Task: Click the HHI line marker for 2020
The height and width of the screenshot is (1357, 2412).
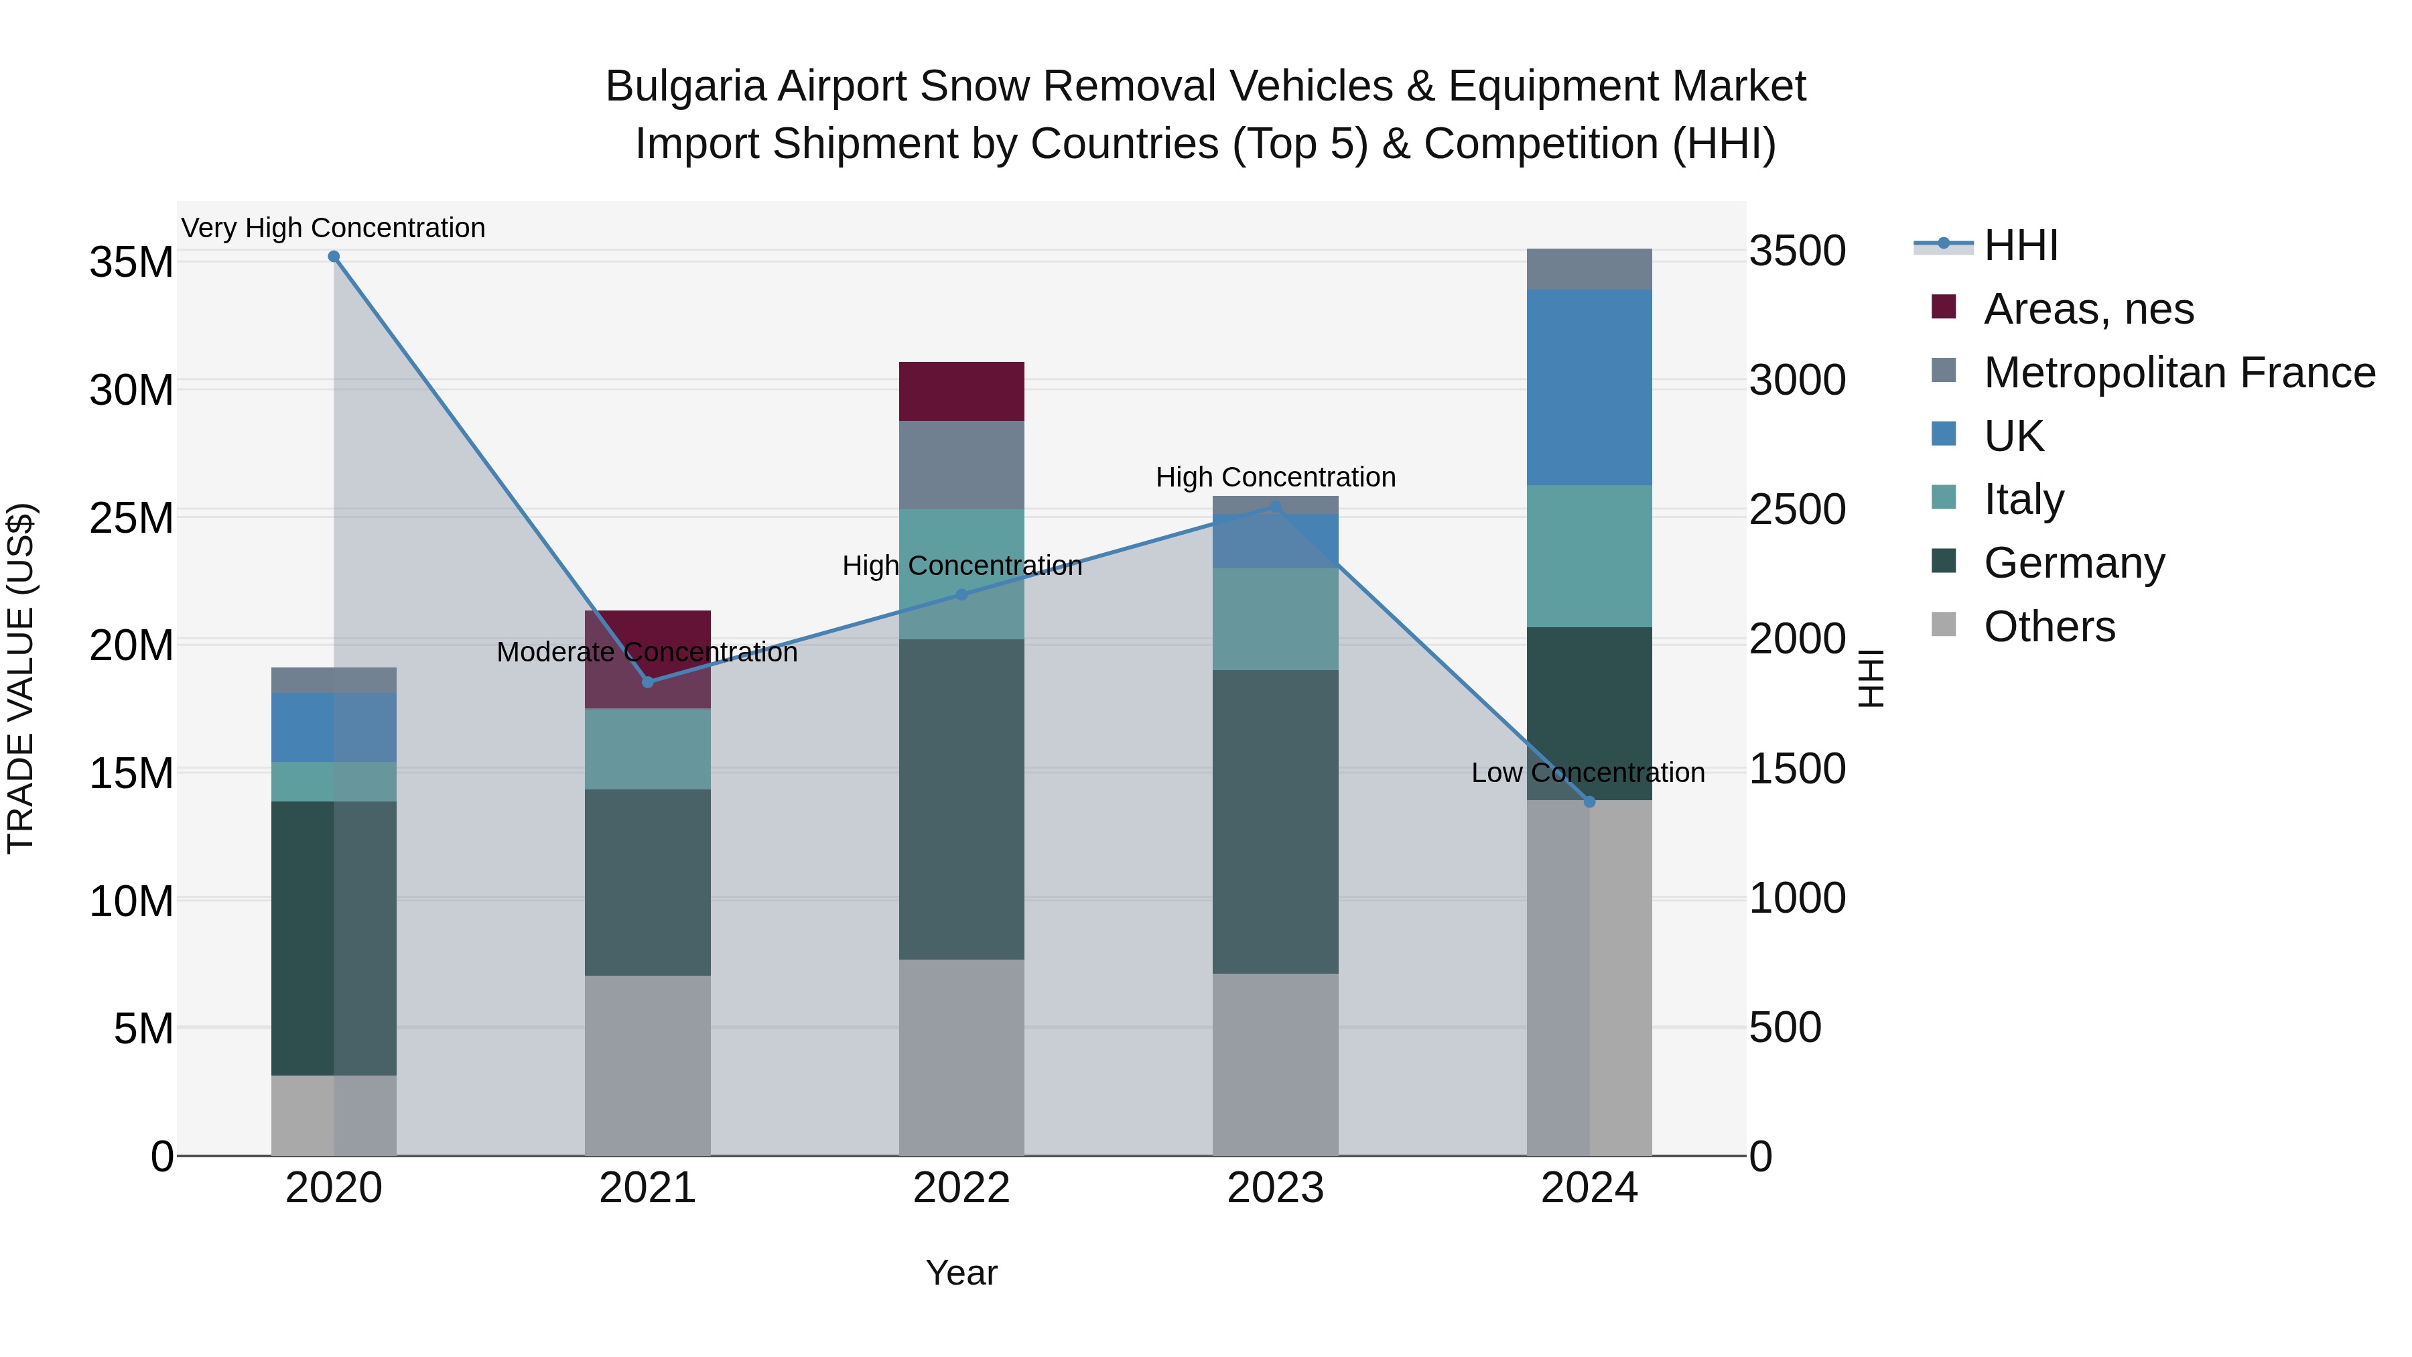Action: click(334, 257)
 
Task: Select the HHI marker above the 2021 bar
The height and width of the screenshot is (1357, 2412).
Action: click(647, 682)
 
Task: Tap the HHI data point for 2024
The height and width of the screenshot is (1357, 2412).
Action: click(1589, 801)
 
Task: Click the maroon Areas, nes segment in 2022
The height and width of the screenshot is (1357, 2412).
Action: click(961, 391)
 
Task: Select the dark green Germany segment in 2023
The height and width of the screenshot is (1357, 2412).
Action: click(1275, 822)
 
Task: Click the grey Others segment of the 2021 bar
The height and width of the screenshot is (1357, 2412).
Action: click(647, 1065)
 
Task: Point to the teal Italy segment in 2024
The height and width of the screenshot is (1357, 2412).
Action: click(1589, 556)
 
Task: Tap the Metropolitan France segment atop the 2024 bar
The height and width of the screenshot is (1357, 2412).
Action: click(1589, 269)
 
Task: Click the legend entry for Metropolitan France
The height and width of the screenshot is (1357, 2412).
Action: click(2179, 373)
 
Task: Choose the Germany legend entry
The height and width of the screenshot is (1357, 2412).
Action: click(2073, 563)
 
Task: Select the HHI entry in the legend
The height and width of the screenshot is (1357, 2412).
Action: click(2021, 245)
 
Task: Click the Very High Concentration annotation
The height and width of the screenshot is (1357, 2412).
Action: click(334, 228)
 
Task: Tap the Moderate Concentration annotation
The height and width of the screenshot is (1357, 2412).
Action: click(647, 652)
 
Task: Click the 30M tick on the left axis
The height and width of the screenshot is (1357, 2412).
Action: click(131, 389)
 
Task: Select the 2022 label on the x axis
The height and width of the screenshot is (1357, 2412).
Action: click(961, 1188)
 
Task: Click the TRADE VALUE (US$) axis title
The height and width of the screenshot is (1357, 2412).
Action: click(21, 678)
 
